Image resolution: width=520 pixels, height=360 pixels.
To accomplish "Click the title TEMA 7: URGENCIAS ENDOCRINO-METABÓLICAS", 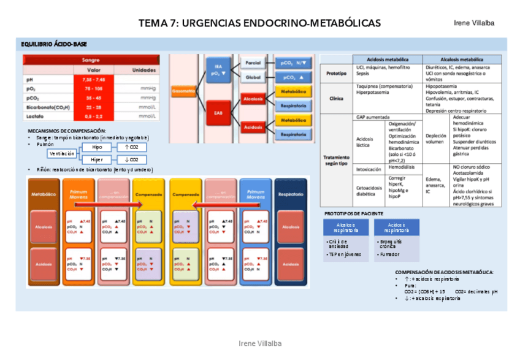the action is coord(259,23).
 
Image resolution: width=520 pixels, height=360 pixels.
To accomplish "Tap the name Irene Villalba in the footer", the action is coord(259,344).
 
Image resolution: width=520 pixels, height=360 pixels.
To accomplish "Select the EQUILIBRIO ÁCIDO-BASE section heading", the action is coord(54,45).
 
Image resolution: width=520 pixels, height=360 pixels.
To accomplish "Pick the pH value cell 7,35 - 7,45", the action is coord(93,79).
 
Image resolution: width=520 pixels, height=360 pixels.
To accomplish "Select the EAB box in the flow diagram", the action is coord(218,112).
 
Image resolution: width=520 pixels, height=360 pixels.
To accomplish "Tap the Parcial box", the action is coord(253,63).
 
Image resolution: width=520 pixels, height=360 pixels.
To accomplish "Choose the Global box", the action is coord(253,78).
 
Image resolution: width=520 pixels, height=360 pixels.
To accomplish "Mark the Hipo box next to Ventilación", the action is coord(97,148).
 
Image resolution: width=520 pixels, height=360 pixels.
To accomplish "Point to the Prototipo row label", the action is coord(335,73).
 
